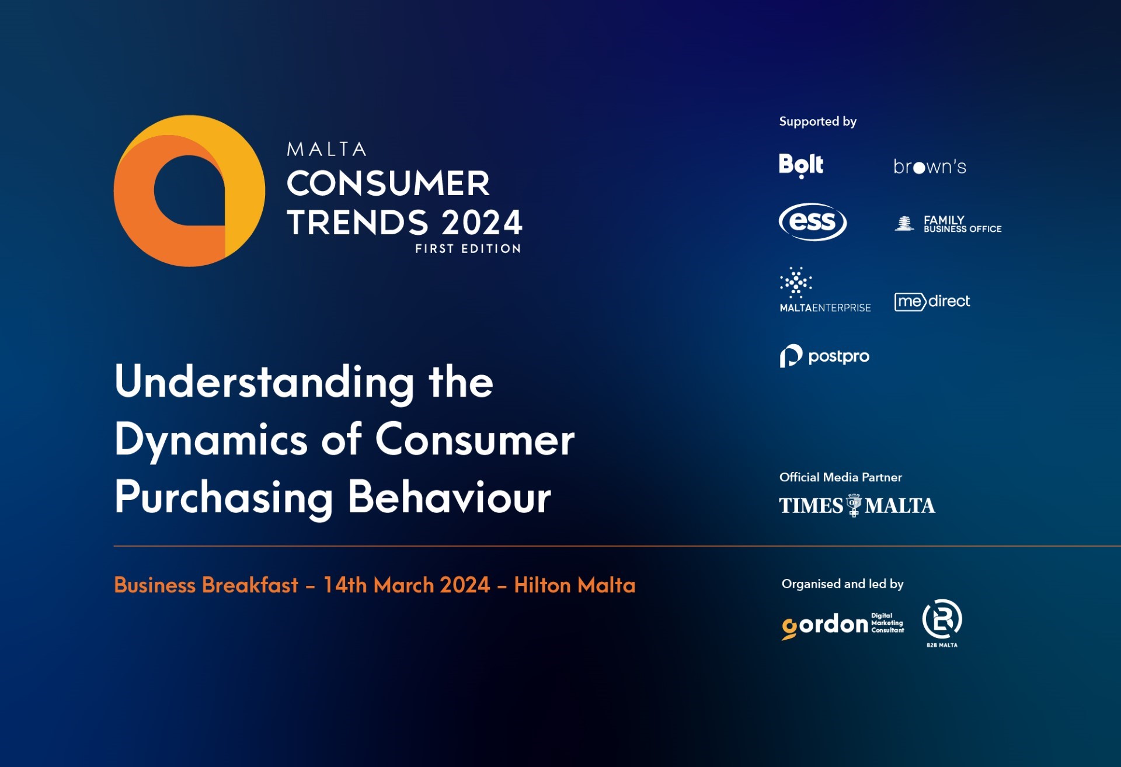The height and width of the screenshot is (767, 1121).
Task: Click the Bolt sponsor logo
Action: [801, 165]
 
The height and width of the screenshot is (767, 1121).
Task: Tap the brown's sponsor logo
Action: [929, 166]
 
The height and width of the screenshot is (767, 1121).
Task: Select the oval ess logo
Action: [813, 222]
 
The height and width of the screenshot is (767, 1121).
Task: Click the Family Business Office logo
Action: [948, 224]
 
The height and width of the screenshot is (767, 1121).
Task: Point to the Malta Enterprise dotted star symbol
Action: [796, 283]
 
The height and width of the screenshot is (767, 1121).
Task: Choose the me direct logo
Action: [932, 301]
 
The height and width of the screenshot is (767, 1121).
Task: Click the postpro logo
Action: [824, 356]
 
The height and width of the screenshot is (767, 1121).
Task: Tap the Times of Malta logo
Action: [857, 505]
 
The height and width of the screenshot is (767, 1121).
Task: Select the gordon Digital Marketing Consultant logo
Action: [843, 625]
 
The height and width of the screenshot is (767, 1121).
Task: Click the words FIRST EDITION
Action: [468, 249]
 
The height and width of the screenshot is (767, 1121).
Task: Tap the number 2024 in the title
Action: [481, 223]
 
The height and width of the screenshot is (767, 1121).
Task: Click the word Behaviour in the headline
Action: [450, 498]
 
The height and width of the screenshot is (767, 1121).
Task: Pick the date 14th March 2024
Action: [407, 585]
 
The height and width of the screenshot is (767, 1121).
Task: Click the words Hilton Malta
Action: [575, 585]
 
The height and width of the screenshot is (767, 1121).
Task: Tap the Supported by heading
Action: [817, 122]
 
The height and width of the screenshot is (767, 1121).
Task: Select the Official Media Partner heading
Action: [840, 477]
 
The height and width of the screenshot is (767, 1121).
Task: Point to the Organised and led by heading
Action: [843, 584]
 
